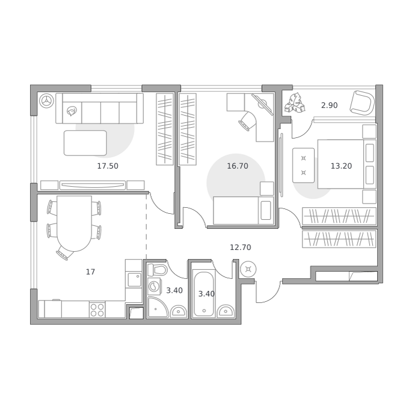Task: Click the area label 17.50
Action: click(x=108, y=166)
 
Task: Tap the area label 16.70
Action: click(x=238, y=166)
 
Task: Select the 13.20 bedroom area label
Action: click(x=341, y=166)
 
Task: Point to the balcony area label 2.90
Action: click(x=329, y=105)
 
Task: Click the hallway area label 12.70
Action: click(x=240, y=247)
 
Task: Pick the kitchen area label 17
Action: click(x=90, y=272)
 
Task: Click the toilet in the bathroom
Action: click(x=158, y=269)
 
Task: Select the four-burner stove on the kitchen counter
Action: click(x=97, y=310)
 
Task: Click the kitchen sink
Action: click(x=135, y=279)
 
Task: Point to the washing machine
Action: click(x=154, y=287)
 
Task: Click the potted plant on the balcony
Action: click(x=295, y=104)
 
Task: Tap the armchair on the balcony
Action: click(x=362, y=103)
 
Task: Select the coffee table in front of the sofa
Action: click(x=85, y=143)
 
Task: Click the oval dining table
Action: click(x=75, y=223)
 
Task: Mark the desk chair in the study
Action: click(x=247, y=121)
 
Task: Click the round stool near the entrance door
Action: click(x=248, y=269)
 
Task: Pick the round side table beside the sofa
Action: click(x=47, y=101)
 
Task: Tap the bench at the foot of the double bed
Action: click(x=303, y=165)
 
